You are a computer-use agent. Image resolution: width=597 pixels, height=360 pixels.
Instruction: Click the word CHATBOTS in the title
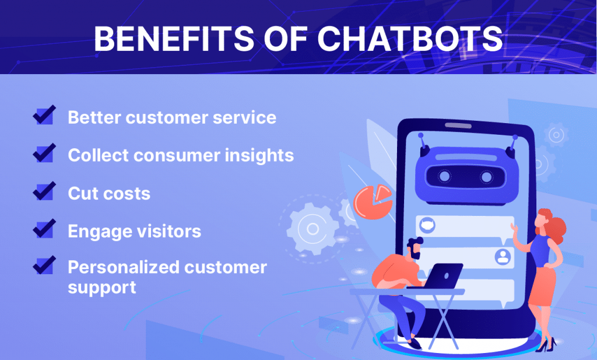[410, 39]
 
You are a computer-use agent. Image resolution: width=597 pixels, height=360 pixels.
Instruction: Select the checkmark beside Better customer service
[44, 115]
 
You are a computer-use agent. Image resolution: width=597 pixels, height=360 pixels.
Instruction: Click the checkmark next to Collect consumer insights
[44, 153]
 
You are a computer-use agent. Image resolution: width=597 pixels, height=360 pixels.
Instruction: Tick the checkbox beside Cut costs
[44, 191]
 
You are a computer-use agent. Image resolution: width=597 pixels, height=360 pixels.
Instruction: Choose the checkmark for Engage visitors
[44, 229]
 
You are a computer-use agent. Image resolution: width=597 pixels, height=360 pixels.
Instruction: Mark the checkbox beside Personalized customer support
[44, 265]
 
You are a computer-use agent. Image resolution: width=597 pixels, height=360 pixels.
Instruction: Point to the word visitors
[168, 231]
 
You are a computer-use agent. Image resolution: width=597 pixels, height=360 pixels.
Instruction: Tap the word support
[101, 288]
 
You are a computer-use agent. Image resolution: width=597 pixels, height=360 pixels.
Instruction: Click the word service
[244, 117]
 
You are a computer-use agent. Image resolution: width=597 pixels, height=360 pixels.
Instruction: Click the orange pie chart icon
[373, 202]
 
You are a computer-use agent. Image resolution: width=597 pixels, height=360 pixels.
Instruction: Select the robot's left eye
[444, 176]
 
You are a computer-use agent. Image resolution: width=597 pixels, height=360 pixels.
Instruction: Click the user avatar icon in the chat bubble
[503, 256]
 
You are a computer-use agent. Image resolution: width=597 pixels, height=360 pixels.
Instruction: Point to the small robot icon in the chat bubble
[427, 225]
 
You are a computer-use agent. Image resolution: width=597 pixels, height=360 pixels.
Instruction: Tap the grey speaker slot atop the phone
[458, 125]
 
